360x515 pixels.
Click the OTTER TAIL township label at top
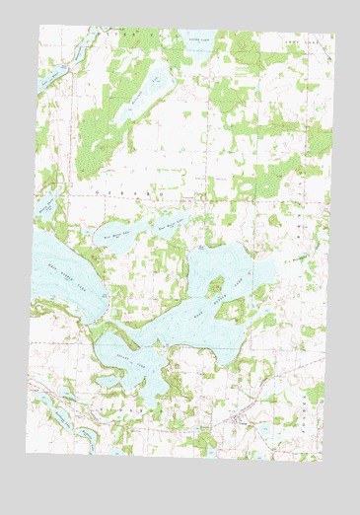(x=133, y=33)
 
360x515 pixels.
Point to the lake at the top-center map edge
(x=197, y=42)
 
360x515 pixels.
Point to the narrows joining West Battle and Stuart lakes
(x=99, y=331)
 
